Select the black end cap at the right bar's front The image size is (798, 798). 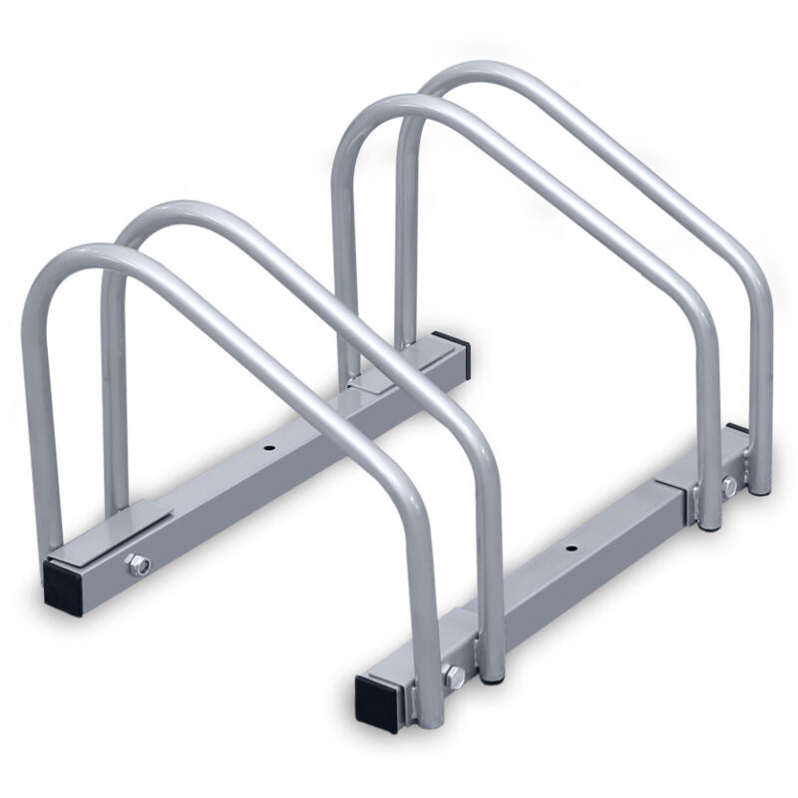[379, 698]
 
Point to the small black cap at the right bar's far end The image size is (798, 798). [736, 430]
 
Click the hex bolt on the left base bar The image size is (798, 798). [137, 566]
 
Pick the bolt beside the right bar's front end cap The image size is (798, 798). [454, 677]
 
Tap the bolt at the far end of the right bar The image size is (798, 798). [729, 486]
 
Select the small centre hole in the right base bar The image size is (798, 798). [571, 549]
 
